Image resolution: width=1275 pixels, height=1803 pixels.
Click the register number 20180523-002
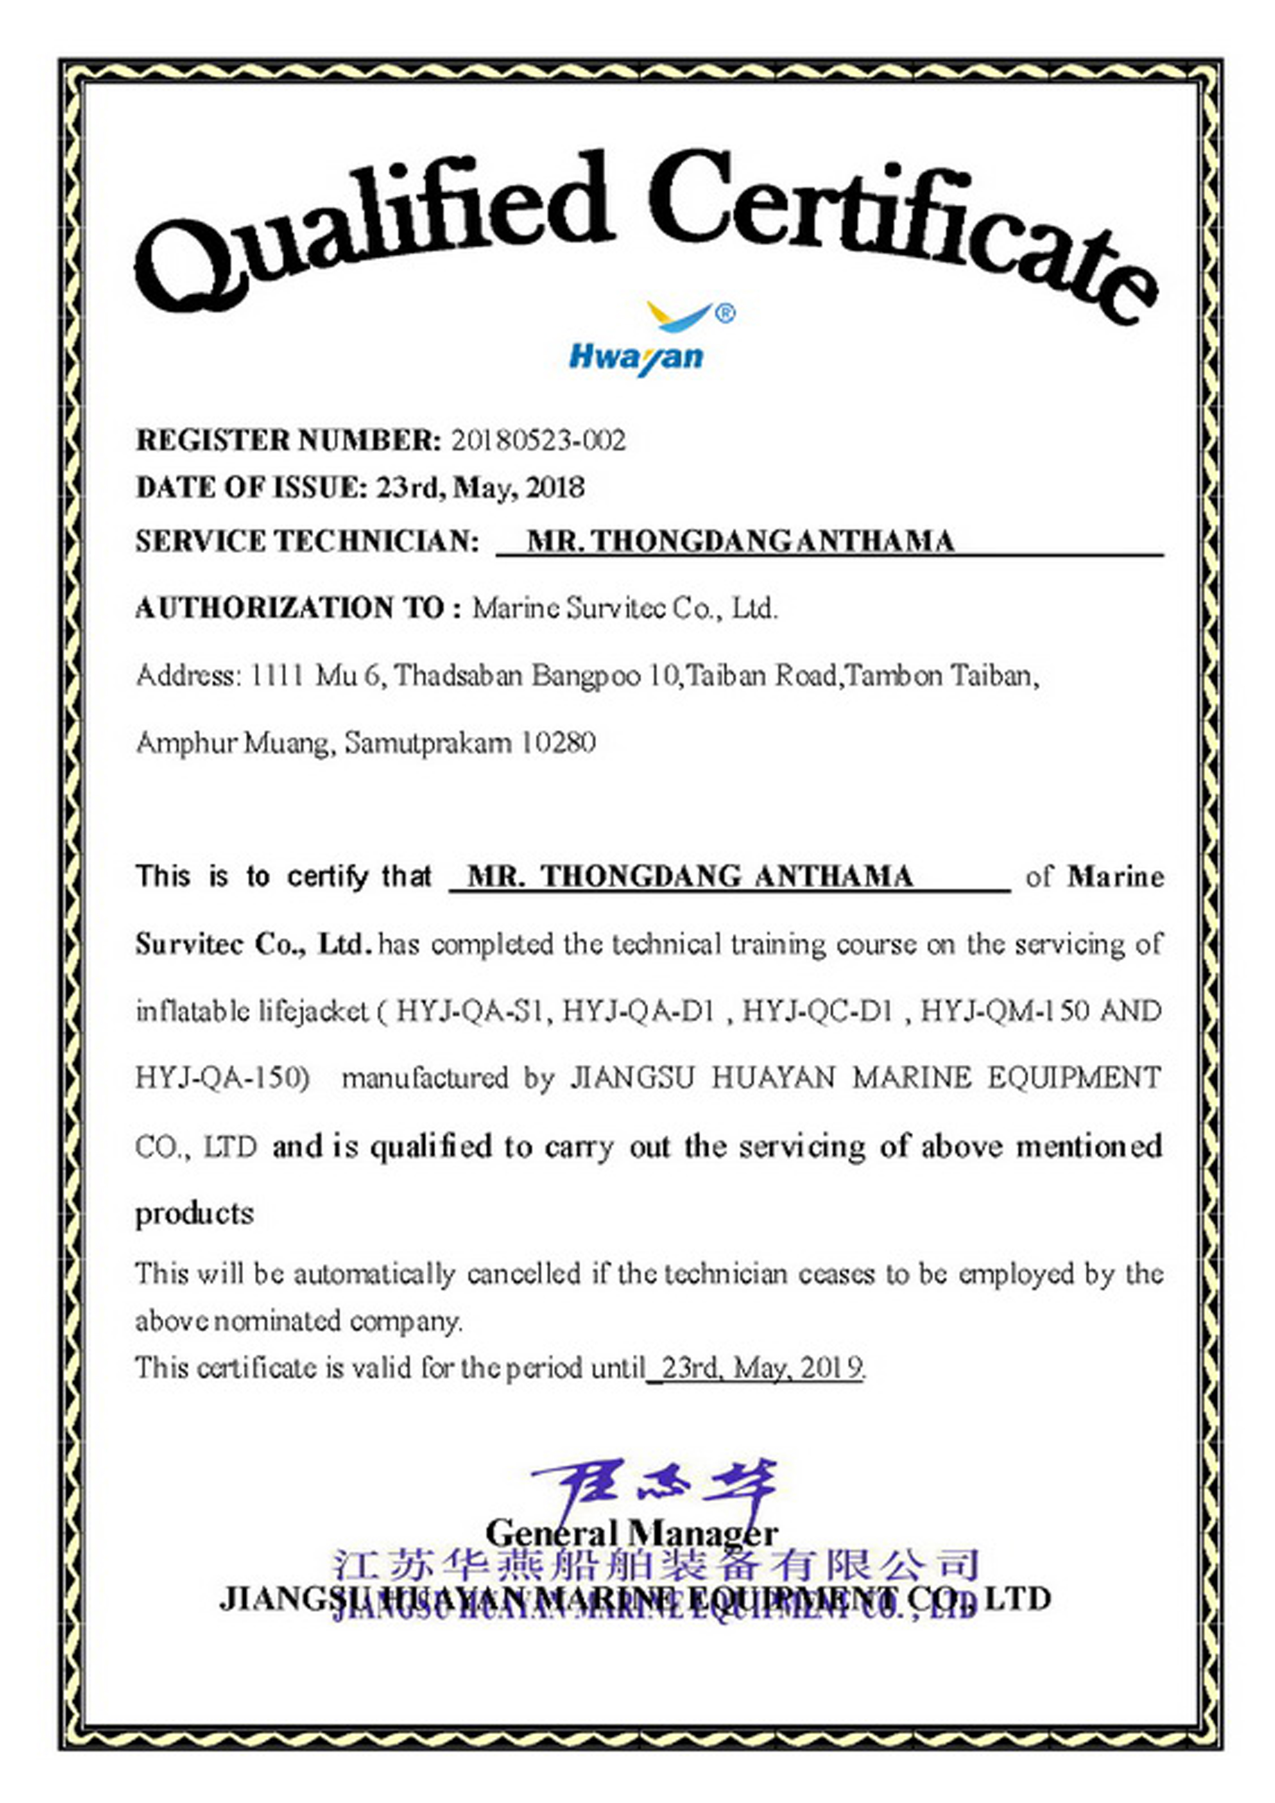538,440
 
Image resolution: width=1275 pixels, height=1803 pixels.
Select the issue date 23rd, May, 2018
480,488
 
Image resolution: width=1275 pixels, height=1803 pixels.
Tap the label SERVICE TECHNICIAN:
307,541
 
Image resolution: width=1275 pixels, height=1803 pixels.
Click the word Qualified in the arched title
369,228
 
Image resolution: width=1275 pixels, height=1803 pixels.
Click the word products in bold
195,1214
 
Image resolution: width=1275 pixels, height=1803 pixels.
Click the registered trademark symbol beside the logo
726,314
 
